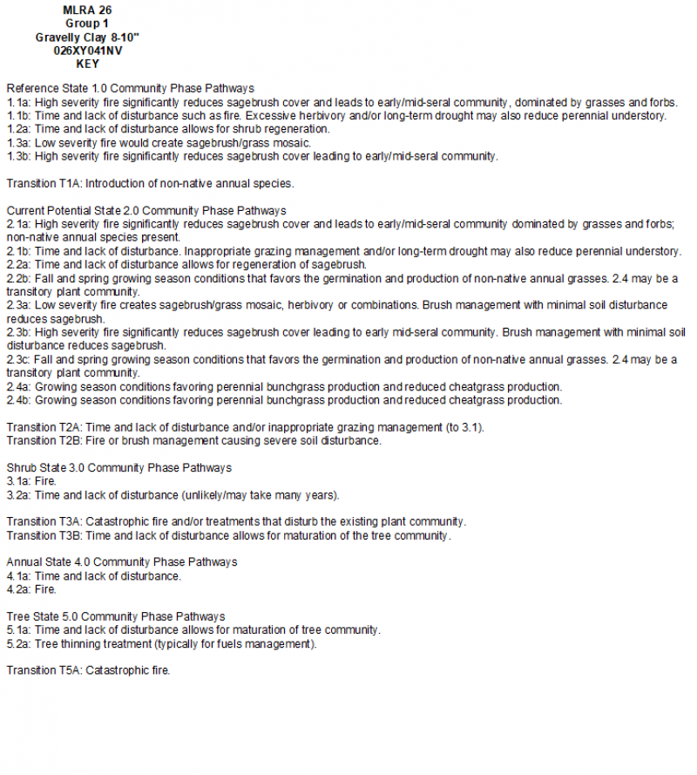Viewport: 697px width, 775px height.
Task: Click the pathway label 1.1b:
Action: (x=18, y=116)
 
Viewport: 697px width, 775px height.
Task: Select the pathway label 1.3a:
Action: (x=18, y=143)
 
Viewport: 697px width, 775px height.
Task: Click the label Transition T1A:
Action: (x=44, y=183)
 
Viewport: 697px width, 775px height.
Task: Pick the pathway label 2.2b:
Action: (x=18, y=278)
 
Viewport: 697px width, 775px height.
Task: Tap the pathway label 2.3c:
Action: (x=18, y=359)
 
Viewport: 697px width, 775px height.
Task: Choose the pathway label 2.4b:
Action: (x=18, y=400)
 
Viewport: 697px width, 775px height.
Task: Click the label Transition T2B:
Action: (x=44, y=440)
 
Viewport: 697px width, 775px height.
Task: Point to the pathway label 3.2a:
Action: (x=18, y=495)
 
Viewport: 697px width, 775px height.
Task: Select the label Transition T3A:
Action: (x=44, y=521)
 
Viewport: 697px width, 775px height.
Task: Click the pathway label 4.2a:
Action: (x=18, y=589)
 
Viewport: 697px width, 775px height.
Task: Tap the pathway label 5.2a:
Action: (x=18, y=644)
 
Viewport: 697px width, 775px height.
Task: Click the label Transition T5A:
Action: (x=44, y=670)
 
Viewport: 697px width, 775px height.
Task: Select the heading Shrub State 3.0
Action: (x=47, y=468)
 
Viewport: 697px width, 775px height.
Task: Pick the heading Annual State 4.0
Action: (x=51, y=562)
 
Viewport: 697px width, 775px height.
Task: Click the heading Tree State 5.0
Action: (x=44, y=616)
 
